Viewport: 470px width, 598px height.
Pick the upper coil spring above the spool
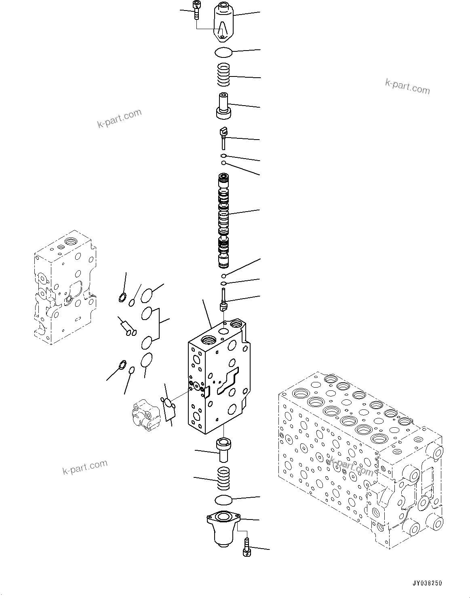[x=223, y=75]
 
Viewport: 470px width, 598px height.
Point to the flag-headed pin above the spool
[x=223, y=135]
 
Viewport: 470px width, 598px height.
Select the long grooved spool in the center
[x=223, y=221]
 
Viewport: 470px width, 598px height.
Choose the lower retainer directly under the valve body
[x=223, y=449]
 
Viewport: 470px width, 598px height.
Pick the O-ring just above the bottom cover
[x=223, y=500]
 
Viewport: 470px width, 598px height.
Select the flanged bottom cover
[x=223, y=528]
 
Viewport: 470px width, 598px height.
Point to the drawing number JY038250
[x=427, y=583]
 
